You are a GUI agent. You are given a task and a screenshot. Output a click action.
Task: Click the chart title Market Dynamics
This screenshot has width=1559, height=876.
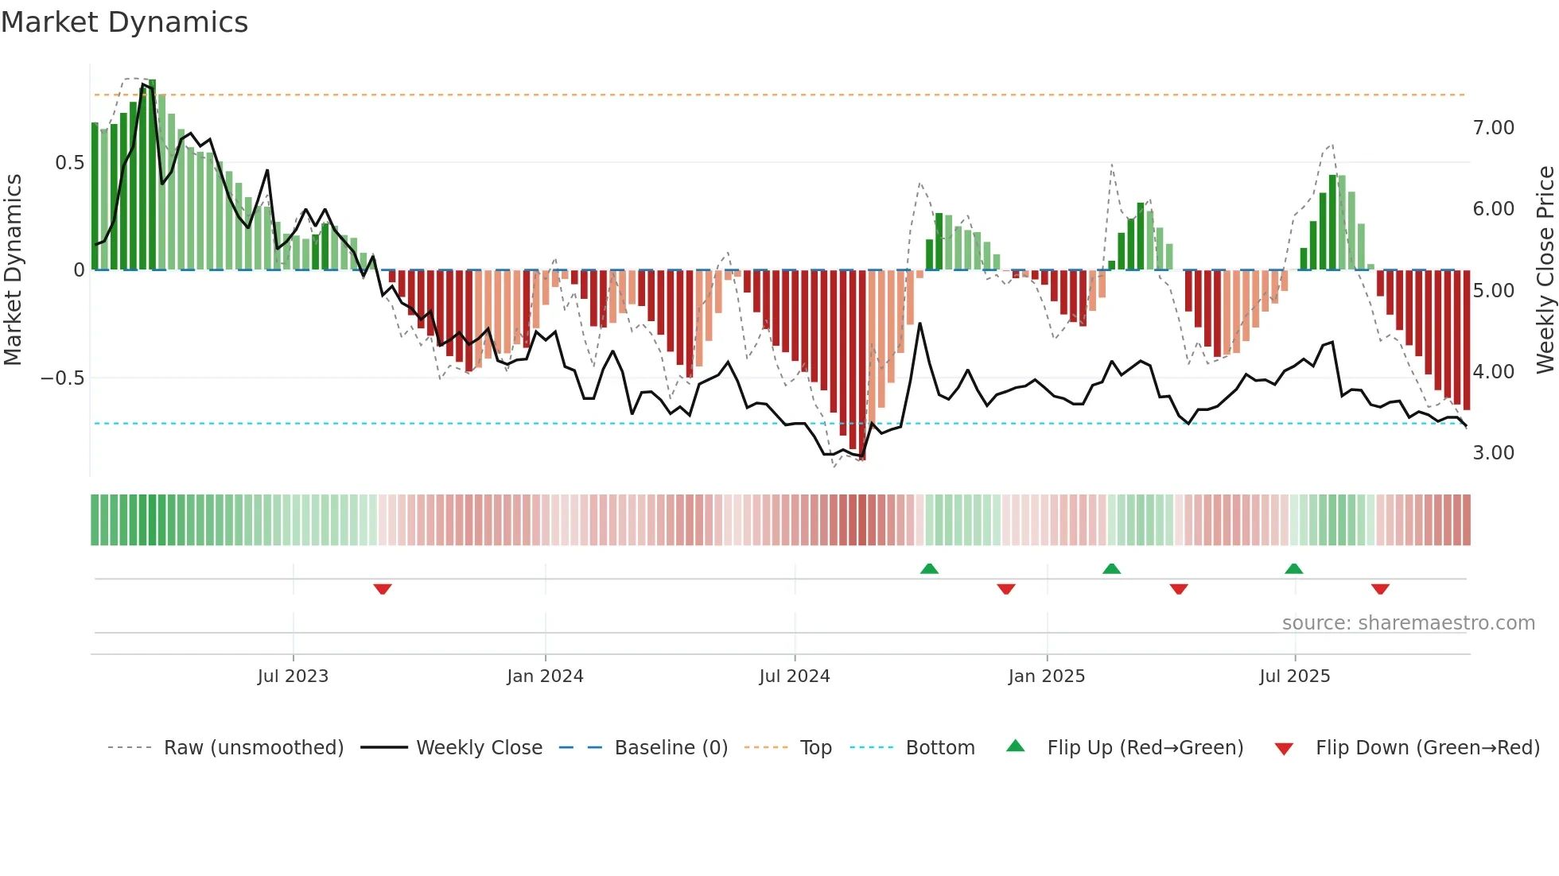pos(125,22)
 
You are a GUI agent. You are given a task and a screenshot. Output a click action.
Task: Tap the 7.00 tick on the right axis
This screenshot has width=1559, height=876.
pos(1493,128)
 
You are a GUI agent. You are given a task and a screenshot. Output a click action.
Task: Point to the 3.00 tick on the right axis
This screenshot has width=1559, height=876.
pos(1493,453)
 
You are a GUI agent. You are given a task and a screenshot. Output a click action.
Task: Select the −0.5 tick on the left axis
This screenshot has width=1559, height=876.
pos(63,378)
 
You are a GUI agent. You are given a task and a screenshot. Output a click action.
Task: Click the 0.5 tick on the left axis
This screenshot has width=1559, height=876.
pos(69,163)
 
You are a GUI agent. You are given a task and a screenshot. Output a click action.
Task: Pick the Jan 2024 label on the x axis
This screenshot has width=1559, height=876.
pos(545,676)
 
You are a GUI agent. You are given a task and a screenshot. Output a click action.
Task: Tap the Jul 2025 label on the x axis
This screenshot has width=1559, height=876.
pos(1294,676)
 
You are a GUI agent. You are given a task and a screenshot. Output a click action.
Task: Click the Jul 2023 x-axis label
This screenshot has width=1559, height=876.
pos(293,676)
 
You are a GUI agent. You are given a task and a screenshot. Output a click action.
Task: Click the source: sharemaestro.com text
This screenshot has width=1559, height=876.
pos(1408,623)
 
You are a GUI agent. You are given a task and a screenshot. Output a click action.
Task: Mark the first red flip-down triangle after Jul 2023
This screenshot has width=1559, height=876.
pos(383,589)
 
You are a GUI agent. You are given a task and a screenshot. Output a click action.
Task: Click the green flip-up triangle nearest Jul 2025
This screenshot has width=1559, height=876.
pos(1293,568)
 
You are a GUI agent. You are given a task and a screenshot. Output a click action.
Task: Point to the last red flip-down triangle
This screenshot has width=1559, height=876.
pos(1380,589)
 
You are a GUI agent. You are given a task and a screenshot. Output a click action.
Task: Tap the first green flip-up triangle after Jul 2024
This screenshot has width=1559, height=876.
pos(929,568)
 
